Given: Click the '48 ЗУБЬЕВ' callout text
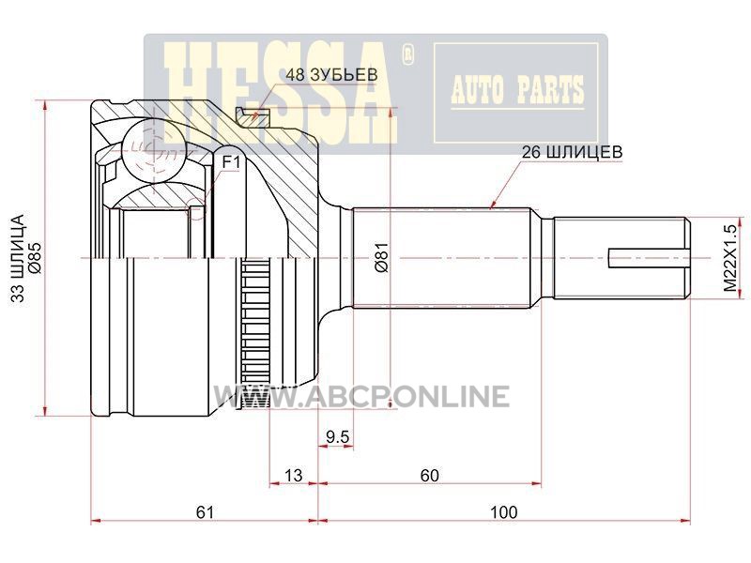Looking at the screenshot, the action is click(x=331, y=75).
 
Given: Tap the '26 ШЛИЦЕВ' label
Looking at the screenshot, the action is click(x=572, y=152).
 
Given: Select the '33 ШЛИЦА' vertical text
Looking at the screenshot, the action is click(x=18, y=259).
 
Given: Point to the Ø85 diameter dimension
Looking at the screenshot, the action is click(x=36, y=259).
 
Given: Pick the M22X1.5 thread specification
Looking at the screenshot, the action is click(x=729, y=258).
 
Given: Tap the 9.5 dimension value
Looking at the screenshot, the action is click(x=338, y=436).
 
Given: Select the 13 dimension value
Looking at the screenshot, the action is click(x=293, y=476).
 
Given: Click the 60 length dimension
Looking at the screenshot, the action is click(x=429, y=476).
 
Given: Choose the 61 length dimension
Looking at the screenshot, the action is click(x=205, y=512).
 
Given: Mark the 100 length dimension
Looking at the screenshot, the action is click(x=504, y=512).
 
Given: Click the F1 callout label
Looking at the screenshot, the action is click(x=230, y=162).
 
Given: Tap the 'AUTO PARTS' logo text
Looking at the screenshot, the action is click(x=517, y=90).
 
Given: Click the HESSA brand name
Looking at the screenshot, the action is click(x=280, y=93).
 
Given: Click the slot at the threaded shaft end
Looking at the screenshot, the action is click(x=649, y=258).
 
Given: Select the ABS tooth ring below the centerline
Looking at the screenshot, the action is click(x=254, y=334).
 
